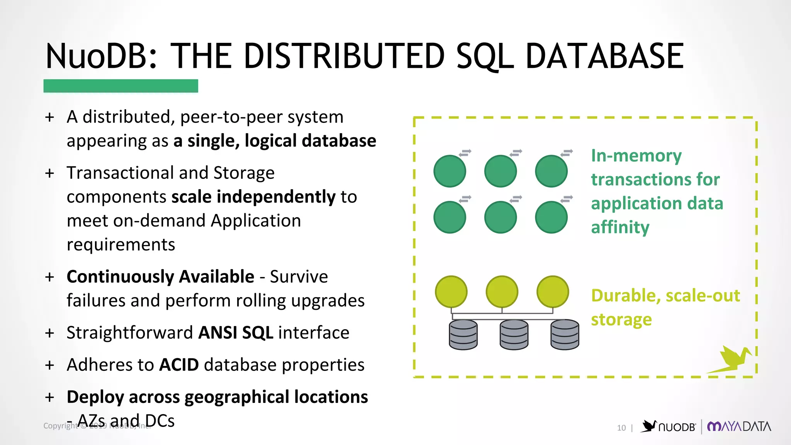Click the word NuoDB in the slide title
pyautogui.click(x=102, y=56)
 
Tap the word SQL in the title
pyautogui.click(x=485, y=56)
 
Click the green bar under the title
pyautogui.click(x=121, y=86)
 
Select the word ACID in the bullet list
pyautogui.click(x=179, y=365)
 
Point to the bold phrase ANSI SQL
pyautogui.click(x=236, y=333)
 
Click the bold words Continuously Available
pyautogui.click(x=160, y=277)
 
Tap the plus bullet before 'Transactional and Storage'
pyautogui.click(x=49, y=173)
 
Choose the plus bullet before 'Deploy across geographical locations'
pyautogui.click(x=49, y=397)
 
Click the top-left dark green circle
pyautogui.click(x=450, y=171)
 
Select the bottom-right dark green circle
pyautogui.click(x=551, y=217)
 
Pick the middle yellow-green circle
pyautogui.click(x=502, y=292)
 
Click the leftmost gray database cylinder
pyautogui.click(x=463, y=335)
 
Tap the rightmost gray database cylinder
pyautogui.click(x=565, y=335)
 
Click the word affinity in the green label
pyautogui.click(x=620, y=227)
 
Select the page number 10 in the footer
pyautogui.click(x=621, y=428)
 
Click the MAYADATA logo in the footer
pyautogui.click(x=739, y=426)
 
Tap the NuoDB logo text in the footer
pyautogui.click(x=677, y=427)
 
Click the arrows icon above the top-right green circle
pyautogui.click(x=567, y=153)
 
